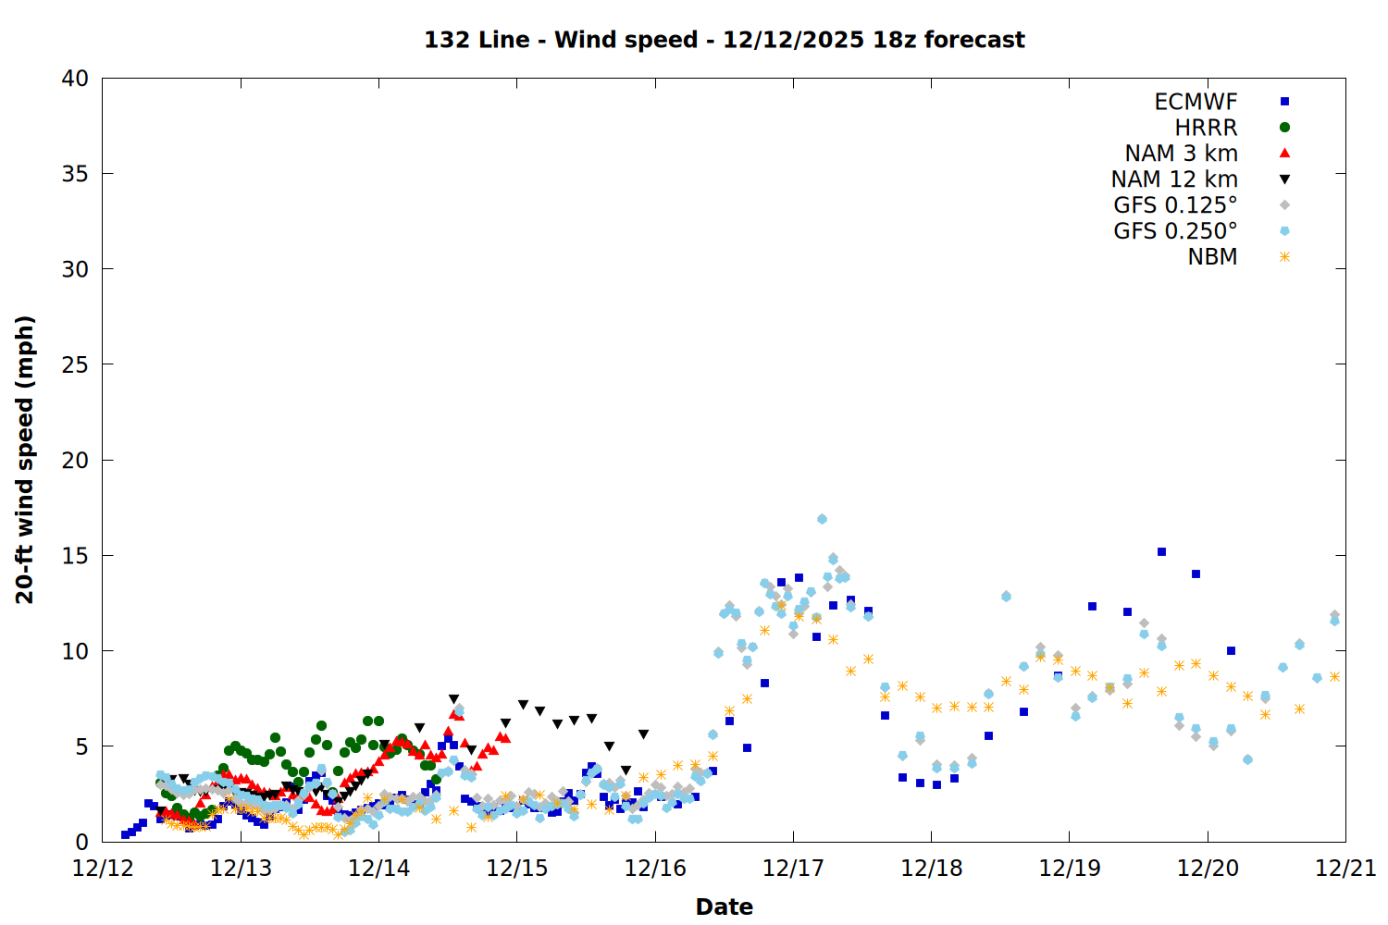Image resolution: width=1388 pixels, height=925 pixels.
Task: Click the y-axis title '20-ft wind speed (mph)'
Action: point(25,460)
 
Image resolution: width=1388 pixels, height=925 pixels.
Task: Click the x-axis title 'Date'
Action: point(724,906)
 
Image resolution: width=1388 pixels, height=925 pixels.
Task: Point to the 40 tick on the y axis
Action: point(76,79)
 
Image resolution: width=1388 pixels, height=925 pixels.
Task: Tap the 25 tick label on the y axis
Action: point(76,364)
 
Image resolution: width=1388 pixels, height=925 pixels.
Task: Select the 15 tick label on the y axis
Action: point(76,556)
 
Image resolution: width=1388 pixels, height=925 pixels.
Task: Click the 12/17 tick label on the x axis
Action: point(793,869)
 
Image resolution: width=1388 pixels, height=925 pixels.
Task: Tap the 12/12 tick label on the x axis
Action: point(103,869)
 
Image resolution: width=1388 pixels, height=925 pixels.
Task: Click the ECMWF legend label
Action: point(1196,102)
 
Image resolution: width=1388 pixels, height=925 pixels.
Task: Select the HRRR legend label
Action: point(1206,128)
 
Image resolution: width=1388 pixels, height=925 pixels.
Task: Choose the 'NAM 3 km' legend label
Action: point(1181,154)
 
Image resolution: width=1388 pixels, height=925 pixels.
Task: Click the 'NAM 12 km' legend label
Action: point(1174,179)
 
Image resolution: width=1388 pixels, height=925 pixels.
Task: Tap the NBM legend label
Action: point(1212,257)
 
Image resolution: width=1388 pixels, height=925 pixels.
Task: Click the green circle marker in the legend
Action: point(1284,128)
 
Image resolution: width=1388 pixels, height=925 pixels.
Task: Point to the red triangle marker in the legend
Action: point(1284,154)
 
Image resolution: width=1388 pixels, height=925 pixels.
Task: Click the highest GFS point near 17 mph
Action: point(822,519)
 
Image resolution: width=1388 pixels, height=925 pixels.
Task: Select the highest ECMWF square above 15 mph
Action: point(1161,551)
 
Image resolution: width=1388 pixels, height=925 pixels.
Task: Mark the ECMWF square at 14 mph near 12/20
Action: point(1196,573)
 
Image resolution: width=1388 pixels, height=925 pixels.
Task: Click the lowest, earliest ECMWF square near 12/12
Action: point(125,834)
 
